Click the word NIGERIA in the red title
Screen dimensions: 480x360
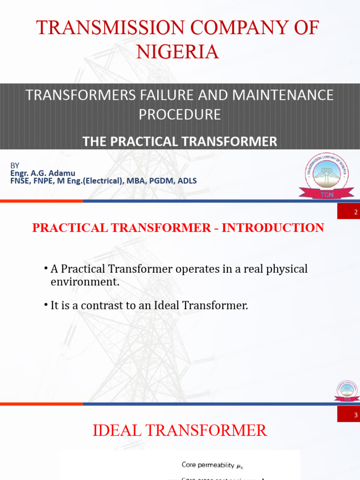coord(178,51)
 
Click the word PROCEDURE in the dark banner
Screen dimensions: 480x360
coord(180,114)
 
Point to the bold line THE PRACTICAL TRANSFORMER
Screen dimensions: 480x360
coord(180,141)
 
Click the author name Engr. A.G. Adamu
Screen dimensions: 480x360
coord(43,173)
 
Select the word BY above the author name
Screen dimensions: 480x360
coord(15,165)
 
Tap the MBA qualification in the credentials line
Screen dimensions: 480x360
coord(139,180)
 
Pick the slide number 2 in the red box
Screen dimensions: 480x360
coord(348,214)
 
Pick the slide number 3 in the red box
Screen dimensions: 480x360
coord(348,415)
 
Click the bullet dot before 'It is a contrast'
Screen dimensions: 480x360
coord(46,305)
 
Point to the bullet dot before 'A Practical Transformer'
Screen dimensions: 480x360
coord(46,268)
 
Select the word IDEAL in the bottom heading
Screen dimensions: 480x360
coord(115,430)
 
